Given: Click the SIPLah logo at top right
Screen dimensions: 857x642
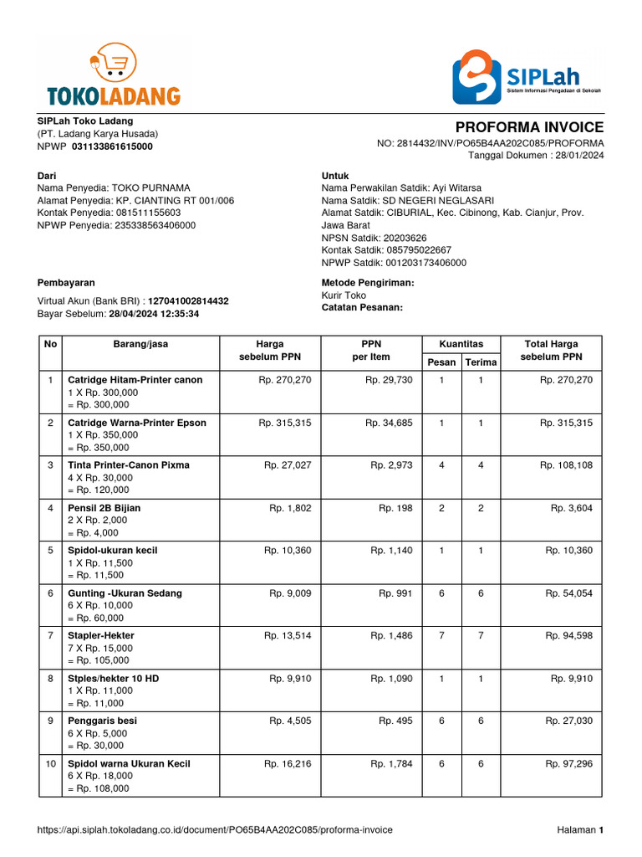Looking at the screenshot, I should point(527,76).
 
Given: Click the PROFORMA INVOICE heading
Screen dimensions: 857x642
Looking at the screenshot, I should point(529,127).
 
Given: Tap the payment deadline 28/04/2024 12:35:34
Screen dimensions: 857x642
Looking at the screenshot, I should point(154,314).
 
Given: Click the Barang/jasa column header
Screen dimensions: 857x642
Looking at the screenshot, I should point(140,344).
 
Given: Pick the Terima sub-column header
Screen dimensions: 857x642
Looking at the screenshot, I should point(480,362).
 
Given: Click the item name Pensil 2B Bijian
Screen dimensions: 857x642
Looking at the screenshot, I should point(104,508).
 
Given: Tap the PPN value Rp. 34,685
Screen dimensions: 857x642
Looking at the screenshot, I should point(389,423).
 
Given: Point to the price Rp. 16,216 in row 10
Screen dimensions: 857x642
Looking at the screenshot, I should point(288,763).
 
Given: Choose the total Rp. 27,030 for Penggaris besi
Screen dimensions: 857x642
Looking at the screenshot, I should point(568,721).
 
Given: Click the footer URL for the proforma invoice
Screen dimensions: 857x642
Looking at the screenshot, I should point(215,830).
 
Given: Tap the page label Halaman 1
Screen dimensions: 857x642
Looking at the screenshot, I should point(580,830).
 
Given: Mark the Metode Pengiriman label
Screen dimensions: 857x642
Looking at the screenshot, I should point(368,283).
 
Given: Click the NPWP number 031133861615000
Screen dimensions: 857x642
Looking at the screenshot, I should point(112,146).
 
